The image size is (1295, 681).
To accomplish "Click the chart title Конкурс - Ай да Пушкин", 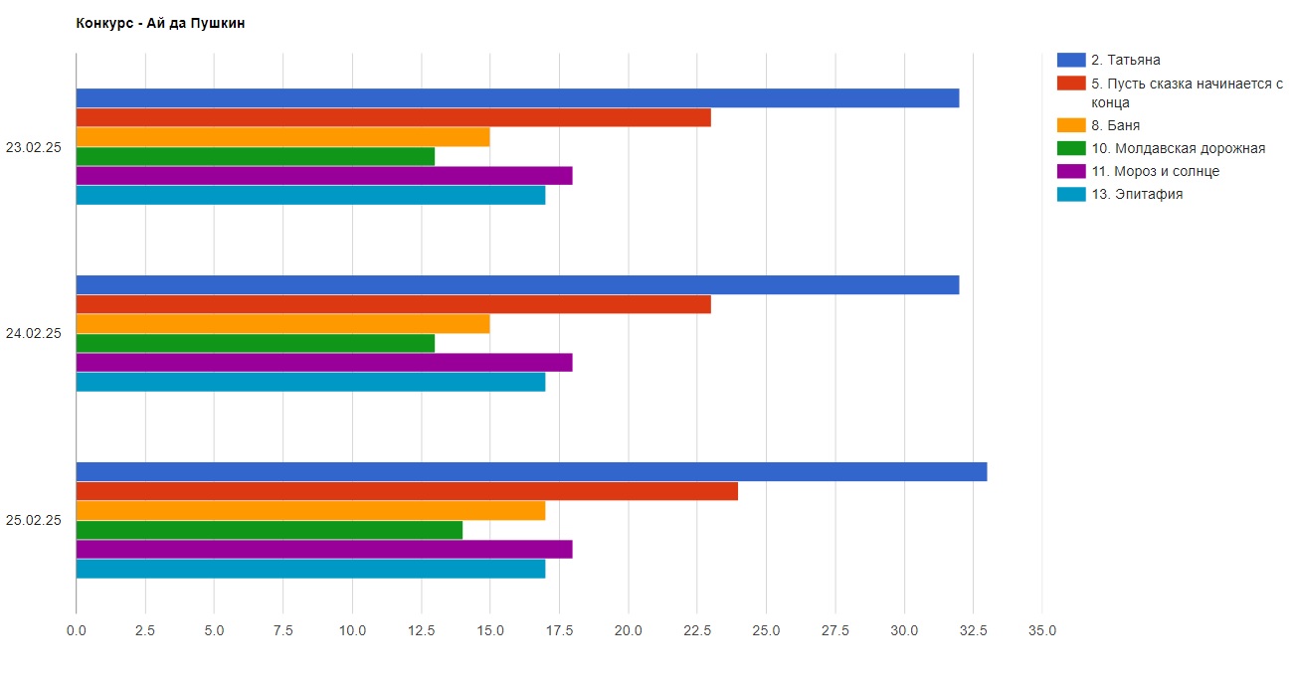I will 160,24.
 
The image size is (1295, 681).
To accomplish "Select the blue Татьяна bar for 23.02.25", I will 517,98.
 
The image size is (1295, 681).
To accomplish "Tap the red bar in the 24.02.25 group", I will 393,304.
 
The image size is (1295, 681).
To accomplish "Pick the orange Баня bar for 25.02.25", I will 310,511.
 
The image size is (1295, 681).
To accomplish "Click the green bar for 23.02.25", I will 256,156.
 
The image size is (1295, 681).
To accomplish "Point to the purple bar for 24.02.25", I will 324,362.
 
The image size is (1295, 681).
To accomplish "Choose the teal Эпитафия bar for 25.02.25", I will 310,569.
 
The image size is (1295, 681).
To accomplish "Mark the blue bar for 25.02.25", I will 531,472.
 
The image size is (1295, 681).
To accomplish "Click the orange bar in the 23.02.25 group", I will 282,137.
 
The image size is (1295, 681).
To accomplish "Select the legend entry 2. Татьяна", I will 1125,60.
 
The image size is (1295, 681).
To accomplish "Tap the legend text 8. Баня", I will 1115,125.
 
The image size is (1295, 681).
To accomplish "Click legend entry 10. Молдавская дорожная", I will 1178,148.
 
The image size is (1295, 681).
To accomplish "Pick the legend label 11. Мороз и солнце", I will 1155,171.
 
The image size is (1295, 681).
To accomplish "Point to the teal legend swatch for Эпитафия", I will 1071,194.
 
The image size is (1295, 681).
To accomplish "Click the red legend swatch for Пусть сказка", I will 1071,84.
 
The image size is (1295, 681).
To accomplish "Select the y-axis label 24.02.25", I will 34,333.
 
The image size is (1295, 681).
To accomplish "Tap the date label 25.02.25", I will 34,520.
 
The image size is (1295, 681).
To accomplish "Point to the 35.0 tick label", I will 1041,630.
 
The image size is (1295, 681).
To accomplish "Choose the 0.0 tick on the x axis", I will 77,630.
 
